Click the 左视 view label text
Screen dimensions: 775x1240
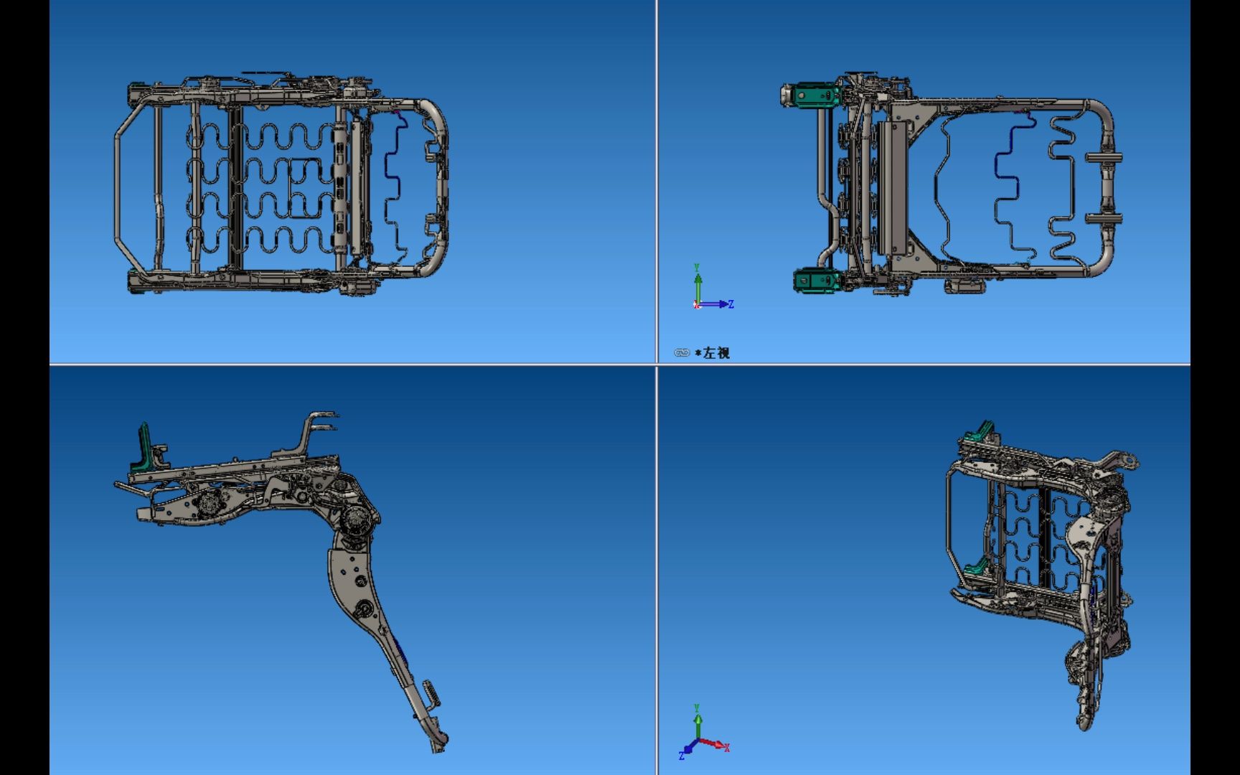[x=716, y=353]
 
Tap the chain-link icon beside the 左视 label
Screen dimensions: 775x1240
[x=681, y=353]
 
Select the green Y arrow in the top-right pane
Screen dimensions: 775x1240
[x=697, y=280]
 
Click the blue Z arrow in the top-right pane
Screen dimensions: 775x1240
[x=720, y=304]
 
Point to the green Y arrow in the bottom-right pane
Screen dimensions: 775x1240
[x=697, y=721]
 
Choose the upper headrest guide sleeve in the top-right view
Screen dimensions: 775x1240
[x=1104, y=159]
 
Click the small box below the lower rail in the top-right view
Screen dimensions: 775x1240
[x=965, y=286]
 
